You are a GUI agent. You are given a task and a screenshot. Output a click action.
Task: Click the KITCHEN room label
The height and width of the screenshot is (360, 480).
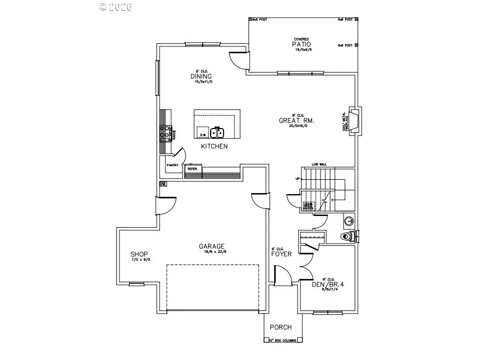214,146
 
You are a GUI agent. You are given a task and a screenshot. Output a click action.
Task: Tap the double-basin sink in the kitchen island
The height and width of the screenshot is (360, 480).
218,132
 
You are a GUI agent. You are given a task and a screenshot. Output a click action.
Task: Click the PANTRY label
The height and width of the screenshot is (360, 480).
172,165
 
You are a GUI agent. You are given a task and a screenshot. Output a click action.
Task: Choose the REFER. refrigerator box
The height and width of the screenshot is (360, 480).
193,169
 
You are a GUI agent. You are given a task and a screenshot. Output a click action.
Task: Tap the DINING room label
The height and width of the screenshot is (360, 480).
201,76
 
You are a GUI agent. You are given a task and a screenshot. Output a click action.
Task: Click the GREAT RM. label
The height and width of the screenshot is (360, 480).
297,121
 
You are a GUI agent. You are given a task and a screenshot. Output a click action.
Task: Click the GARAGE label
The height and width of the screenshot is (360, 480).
212,246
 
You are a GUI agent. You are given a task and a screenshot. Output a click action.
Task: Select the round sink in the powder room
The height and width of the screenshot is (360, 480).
347,219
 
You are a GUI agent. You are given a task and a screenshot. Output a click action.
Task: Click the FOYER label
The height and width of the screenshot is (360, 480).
282,254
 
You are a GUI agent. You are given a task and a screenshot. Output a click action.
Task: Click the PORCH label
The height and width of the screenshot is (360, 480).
280,327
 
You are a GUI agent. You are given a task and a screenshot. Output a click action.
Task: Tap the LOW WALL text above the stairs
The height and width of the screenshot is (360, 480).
319,165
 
